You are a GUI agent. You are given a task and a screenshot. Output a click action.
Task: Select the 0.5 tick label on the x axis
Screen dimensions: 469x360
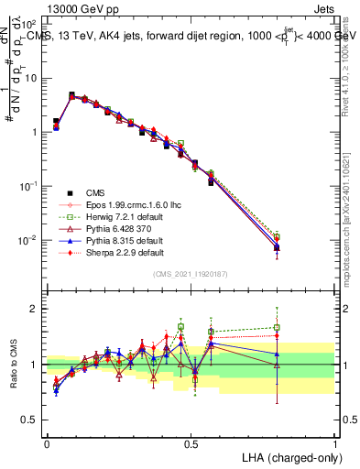tap(191, 442)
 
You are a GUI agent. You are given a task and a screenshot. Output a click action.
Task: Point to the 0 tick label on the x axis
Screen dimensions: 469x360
tap(47, 442)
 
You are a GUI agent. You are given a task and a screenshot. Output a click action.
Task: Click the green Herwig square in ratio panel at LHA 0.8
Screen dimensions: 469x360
tap(278, 327)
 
